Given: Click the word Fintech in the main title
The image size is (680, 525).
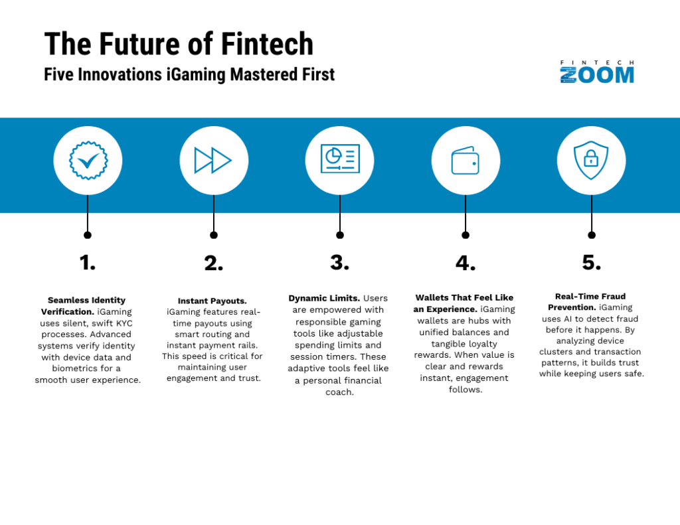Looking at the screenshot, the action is [267, 44].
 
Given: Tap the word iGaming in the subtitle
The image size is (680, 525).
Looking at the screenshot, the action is [196, 74].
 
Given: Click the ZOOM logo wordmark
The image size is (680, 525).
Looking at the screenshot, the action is [597, 75].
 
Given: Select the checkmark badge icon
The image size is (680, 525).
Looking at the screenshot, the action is [88, 161].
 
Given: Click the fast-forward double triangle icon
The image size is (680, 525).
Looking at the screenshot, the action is [213, 161].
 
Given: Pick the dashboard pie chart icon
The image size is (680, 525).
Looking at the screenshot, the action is [340, 159].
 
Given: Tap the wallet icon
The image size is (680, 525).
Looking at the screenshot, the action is [466, 161].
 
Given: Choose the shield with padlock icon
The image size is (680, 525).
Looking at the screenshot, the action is [591, 160].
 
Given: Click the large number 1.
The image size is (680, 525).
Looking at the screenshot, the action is [87, 263].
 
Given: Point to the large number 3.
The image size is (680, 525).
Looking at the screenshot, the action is [339, 263].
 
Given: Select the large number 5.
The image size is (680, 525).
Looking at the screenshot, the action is [592, 263].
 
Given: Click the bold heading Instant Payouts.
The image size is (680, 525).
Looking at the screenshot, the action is [212, 301].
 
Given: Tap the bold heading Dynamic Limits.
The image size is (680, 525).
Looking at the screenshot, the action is [324, 298].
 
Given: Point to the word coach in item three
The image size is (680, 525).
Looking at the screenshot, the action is [339, 392].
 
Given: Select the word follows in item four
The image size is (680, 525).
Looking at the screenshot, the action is [466, 390].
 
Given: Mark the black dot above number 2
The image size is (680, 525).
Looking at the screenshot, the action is [213, 235].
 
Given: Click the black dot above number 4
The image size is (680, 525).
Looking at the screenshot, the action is [466, 235].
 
